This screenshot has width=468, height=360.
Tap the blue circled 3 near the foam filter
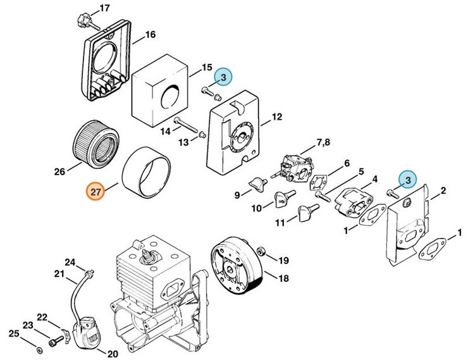tap(223, 77)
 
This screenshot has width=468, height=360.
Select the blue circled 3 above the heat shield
tap(408, 180)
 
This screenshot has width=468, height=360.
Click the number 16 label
tap(150, 35)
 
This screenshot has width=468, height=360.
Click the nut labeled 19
tap(266, 259)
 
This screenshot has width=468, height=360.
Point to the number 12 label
tap(276, 116)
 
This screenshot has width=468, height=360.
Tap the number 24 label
tap(70, 263)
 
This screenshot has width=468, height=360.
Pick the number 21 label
tap(59, 273)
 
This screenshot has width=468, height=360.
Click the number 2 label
tap(443, 190)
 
